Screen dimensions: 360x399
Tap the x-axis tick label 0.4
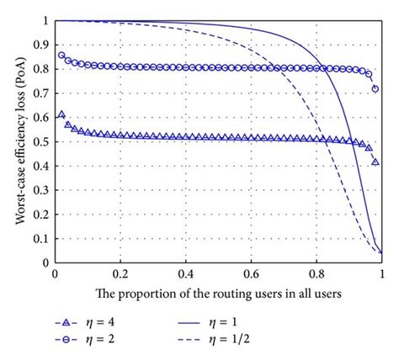click(x=185, y=274)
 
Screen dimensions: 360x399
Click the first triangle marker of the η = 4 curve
click(x=61, y=114)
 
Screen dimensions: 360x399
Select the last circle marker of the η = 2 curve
click(x=375, y=88)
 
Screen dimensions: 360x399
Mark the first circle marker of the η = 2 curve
click(x=61, y=56)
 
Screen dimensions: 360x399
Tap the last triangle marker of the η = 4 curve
click(x=375, y=161)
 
